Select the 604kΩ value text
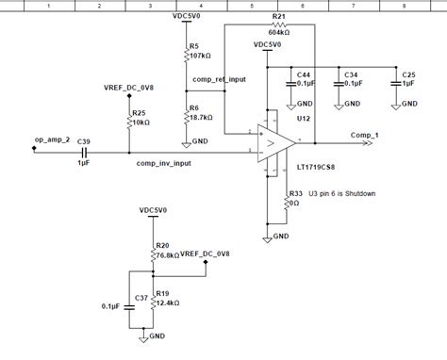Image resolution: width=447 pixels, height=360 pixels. tap(278, 32)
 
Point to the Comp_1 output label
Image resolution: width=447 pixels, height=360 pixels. tap(365, 136)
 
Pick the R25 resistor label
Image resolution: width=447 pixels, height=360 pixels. tap(139, 113)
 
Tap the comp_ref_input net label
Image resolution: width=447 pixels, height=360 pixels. tap(219, 80)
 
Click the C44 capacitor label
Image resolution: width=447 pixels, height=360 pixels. tap(305, 74)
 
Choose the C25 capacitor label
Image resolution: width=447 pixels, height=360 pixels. tap(408, 74)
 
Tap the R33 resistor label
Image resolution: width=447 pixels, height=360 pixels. tap(296, 193)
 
